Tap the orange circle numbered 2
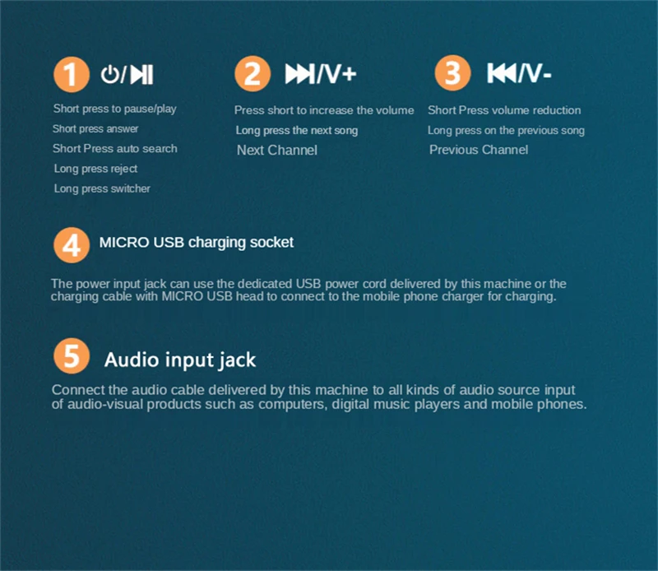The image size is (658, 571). coord(252,75)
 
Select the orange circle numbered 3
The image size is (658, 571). coord(452,75)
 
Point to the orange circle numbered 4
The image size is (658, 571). coord(71,245)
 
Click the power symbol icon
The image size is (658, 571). coord(109,75)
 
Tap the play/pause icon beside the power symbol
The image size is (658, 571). coord(141,75)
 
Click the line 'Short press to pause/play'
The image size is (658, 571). coord(114,109)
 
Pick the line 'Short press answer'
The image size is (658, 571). coord(95,129)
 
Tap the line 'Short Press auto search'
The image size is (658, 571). coord(114,149)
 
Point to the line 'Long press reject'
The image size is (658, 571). coord(95,169)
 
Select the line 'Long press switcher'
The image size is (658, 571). coord(102,189)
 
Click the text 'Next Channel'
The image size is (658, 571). coord(276,151)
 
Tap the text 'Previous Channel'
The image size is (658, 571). coord(479,150)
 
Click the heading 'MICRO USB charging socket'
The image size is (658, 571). coord(196,243)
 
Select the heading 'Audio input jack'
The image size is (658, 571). coord(180,360)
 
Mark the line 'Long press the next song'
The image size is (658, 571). coord(296,130)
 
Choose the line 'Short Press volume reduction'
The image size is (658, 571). coord(504,110)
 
